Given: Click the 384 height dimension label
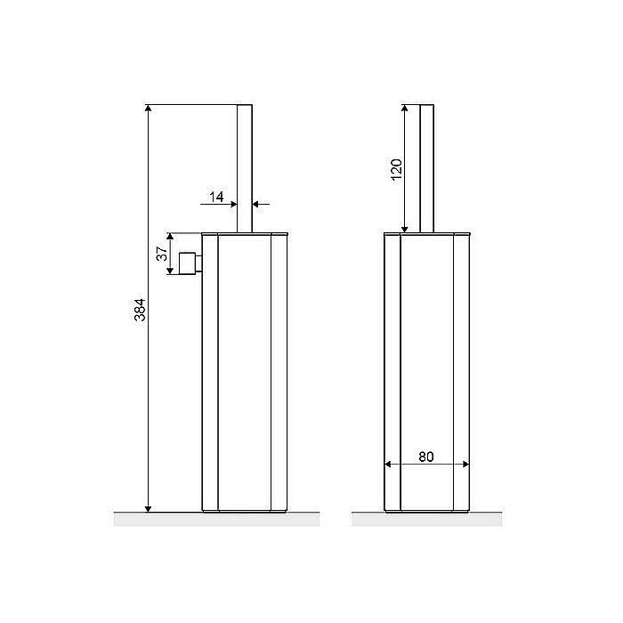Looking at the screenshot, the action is (140, 310).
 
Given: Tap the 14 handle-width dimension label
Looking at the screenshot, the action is (216, 197).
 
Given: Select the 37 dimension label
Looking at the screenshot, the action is (161, 254).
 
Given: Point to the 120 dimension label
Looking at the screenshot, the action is (397, 170).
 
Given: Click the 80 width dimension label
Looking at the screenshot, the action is (426, 457).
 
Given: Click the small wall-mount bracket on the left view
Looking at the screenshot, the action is (190, 263).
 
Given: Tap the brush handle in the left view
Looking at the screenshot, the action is (245, 168).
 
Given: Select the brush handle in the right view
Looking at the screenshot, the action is (426, 168).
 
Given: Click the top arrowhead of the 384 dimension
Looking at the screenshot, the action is (149, 108).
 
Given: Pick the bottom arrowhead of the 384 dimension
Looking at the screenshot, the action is (149, 509).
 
